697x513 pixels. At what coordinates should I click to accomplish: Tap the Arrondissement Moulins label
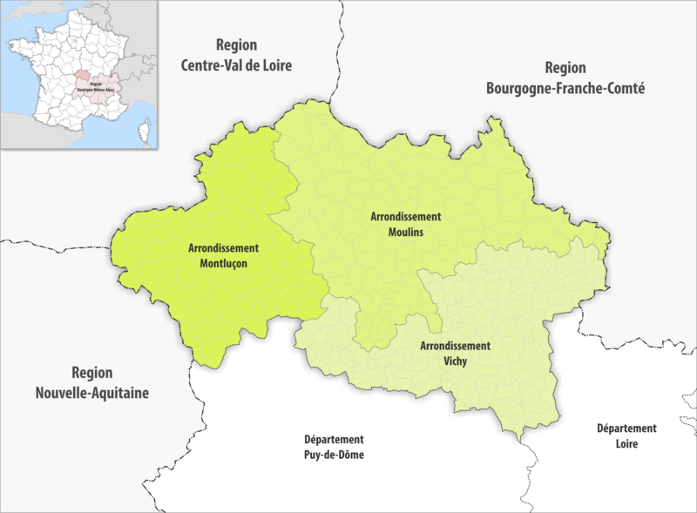[405, 225]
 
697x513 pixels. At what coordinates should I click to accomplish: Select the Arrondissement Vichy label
[455, 353]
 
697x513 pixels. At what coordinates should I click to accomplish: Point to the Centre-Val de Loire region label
[236, 55]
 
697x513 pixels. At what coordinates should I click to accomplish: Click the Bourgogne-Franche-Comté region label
[565, 78]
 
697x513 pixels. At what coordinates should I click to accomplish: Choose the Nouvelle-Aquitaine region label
[92, 381]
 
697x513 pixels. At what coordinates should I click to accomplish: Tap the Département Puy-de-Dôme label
[334, 447]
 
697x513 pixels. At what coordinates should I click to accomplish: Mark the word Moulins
[405, 233]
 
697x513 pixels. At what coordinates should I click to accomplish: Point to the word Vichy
[455, 361]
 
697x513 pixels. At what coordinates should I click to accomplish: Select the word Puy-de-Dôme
[334, 455]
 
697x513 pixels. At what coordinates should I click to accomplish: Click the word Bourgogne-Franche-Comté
[565, 87]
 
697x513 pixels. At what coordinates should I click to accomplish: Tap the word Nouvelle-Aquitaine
[92, 393]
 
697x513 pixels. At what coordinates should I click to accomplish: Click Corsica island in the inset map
[142, 132]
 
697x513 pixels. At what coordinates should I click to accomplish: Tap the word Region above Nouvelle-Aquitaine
[92, 371]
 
